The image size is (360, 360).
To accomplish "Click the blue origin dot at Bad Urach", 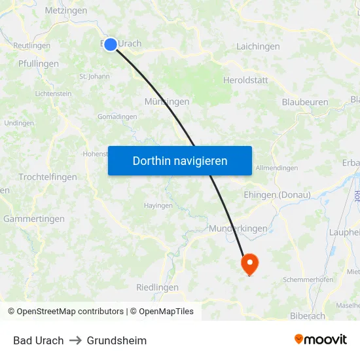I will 111,44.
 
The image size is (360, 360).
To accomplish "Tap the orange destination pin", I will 250,264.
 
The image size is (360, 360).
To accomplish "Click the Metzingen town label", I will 65,11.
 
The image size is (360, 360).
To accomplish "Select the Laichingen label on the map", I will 258,46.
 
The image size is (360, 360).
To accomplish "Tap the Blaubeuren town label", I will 305,102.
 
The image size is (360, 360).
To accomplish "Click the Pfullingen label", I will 39,64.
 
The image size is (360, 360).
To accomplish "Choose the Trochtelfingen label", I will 48,177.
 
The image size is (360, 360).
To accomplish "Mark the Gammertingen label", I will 34,219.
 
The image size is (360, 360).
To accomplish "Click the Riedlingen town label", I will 157,287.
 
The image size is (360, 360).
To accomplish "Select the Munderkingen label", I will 238,228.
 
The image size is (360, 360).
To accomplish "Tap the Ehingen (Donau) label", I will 276,195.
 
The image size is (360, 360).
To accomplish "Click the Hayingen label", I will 158,206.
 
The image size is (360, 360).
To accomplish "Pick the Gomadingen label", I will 117,117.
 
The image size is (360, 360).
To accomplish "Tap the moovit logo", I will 321,340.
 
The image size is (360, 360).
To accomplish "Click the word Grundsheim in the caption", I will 117,340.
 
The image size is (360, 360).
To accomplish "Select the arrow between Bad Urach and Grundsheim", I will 75,340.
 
